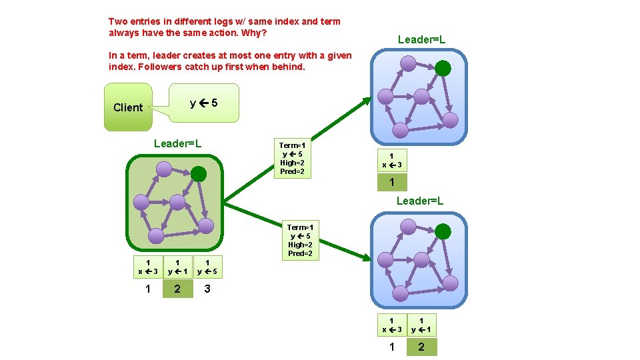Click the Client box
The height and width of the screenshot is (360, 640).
click(128, 107)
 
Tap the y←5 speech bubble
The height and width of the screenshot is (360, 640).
click(203, 103)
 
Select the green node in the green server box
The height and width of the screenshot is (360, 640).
click(199, 174)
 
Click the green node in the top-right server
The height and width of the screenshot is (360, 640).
click(443, 68)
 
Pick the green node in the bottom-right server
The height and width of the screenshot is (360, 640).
click(443, 232)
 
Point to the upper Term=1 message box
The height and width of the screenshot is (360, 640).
click(292, 159)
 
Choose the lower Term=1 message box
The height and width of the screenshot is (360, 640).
click(300, 241)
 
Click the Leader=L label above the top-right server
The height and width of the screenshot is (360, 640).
click(421, 40)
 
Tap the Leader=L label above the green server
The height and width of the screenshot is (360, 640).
click(177, 143)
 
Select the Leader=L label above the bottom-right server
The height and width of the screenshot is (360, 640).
click(420, 201)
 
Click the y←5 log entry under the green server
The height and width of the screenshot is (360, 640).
click(208, 267)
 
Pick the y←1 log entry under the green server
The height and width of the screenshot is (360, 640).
click(177, 267)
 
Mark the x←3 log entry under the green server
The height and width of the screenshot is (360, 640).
click(147, 267)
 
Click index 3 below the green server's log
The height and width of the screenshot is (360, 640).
click(208, 289)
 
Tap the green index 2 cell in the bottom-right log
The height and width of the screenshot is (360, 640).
click(421, 347)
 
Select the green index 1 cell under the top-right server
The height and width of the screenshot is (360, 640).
click(392, 182)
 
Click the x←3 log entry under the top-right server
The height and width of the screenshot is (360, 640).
click(392, 161)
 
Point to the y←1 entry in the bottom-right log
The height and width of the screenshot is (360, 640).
click(421, 325)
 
